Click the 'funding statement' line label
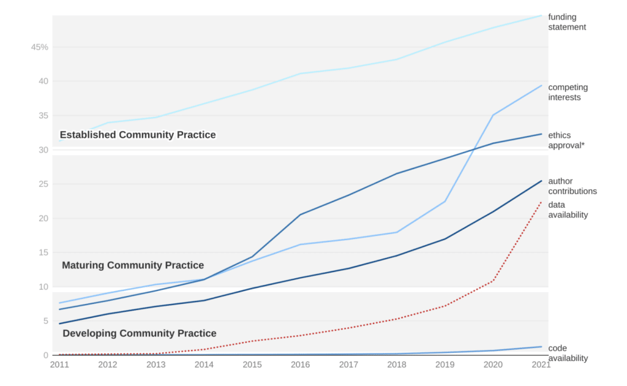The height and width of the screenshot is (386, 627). click(x=567, y=22)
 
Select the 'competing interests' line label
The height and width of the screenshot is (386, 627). click(x=565, y=93)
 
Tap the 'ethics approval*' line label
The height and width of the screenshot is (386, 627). click(x=566, y=140)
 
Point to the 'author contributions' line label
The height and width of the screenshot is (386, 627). click(x=573, y=186)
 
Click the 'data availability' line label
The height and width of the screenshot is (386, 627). click(x=568, y=210)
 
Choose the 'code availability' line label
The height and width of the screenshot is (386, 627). click(x=568, y=353)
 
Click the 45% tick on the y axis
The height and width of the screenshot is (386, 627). click(x=40, y=47)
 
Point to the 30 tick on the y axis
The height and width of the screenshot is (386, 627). click(x=43, y=150)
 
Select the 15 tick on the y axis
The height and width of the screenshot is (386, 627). click(x=43, y=252)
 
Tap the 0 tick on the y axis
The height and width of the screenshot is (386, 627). click(x=45, y=355)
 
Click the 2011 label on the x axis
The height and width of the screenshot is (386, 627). click(x=59, y=365)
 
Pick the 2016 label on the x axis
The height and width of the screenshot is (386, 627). click(x=300, y=365)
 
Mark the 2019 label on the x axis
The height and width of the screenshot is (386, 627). click(x=445, y=365)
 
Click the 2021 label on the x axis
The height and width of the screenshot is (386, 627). click(x=541, y=365)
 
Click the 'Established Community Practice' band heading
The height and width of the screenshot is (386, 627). click(x=138, y=135)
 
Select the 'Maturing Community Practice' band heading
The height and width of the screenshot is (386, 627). click(x=133, y=265)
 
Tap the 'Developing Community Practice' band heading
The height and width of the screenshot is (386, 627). click(x=140, y=333)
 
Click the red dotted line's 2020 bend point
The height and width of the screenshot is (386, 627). click(x=493, y=281)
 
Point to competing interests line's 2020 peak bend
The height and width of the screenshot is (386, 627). click(x=493, y=115)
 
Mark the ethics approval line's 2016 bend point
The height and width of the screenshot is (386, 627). click(x=300, y=214)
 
